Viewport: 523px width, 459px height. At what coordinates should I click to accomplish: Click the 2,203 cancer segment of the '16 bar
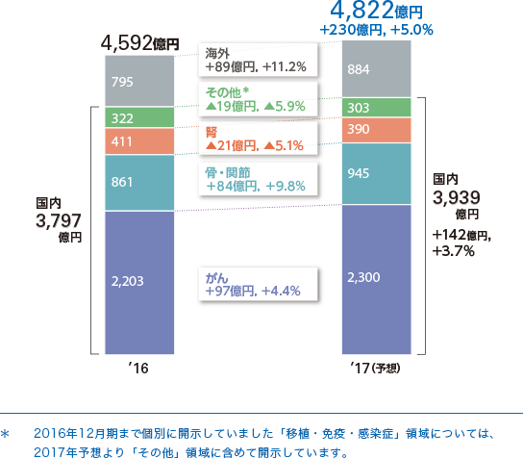tap(139, 282)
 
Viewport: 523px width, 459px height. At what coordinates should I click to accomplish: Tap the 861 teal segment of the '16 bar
tap(139, 182)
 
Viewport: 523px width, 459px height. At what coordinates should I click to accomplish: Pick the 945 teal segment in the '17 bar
tap(376, 173)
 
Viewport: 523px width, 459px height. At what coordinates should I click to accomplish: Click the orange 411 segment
tap(139, 141)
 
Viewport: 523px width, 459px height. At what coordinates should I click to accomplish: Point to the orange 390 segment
tap(376, 130)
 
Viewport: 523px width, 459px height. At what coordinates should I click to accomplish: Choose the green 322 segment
tap(139, 117)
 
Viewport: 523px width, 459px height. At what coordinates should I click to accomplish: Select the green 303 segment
tap(376, 107)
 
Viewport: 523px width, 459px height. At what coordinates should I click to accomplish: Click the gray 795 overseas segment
tap(139, 81)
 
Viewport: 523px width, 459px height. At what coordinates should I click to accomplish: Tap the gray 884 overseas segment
tap(376, 69)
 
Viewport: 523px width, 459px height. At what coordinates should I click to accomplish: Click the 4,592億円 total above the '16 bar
tap(139, 44)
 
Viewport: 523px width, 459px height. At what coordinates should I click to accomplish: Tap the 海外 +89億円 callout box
tap(256, 61)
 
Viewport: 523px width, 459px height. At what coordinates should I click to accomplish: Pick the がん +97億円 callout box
tap(254, 284)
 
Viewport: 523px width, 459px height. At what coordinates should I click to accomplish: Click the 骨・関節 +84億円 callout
tap(254, 179)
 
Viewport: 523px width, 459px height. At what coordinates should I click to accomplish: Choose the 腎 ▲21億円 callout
tap(254, 139)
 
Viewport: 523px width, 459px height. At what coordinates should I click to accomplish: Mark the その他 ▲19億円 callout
tap(254, 100)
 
